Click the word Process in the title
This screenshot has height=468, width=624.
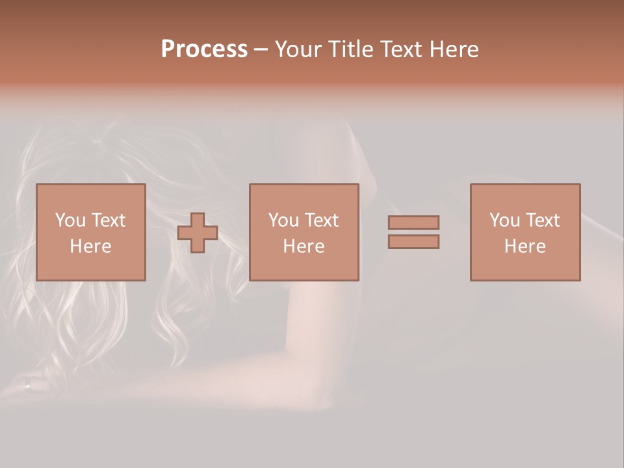204,49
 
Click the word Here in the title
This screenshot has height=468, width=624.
456,49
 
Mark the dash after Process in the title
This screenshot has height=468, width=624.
260,51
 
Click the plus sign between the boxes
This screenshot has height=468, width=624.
198,233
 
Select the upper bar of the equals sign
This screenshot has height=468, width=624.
413,222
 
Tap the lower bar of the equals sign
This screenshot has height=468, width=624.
413,242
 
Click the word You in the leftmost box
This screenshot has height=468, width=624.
70,220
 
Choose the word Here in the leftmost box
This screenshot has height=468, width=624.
90,246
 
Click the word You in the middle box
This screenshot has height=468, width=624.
283,220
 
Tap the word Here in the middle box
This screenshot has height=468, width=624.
304,246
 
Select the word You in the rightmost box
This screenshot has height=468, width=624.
504,220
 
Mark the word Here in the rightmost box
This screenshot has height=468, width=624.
525,246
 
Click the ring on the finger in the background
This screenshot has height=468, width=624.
27,385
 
